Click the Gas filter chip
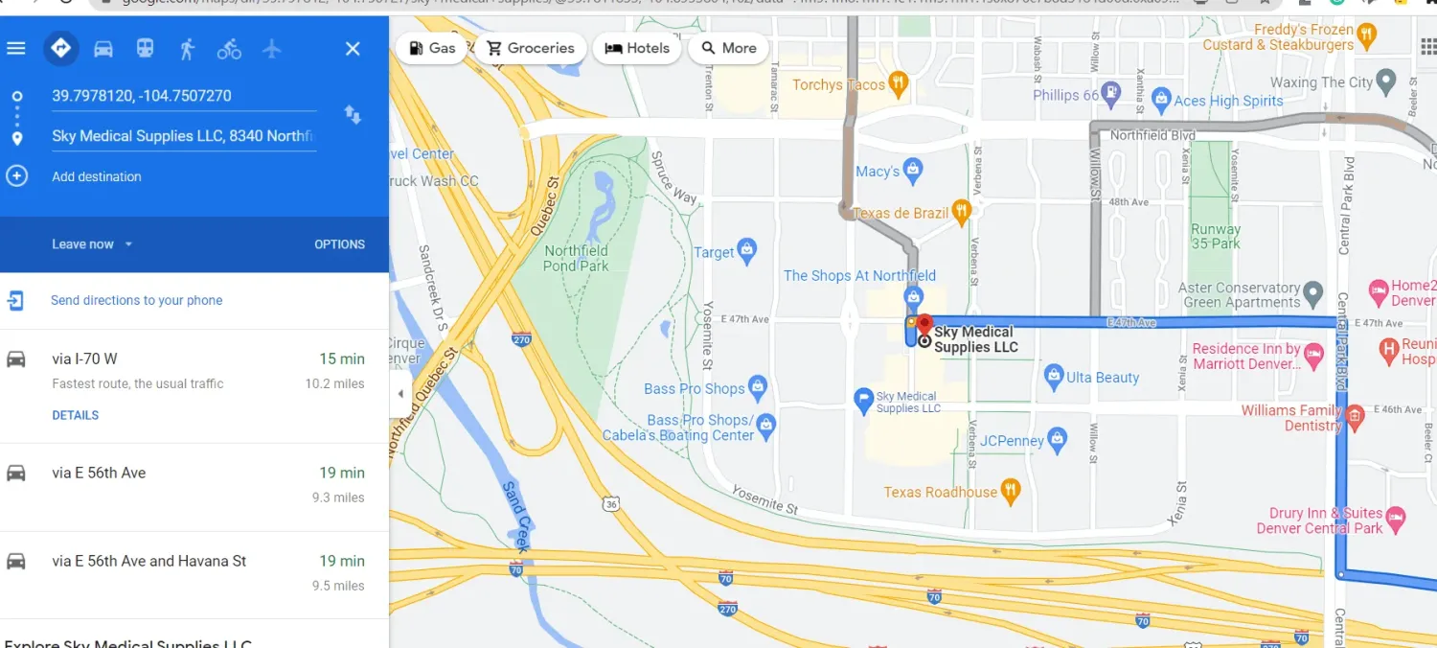(x=432, y=48)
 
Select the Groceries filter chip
(x=530, y=48)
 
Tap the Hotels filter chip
(x=637, y=48)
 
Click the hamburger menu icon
(x=16, y=48)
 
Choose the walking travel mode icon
(x=187, y=49)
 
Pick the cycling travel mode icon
(x=229, y=49)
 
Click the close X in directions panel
(x=353, y=49)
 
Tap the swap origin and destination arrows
(x=353, y=115)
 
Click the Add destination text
(x=97, y=176)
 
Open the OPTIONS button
(x=339, y=244)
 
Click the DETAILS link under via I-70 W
(x=76, y=415)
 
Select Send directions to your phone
(x=136, y=300)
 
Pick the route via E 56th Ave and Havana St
(x=149, y=561)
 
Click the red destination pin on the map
(x=924, y=324)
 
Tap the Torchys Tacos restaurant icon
(x=898, y=84)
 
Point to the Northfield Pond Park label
(x=576, y=258)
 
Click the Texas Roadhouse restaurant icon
(x=1011, y=492)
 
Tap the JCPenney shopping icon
(x=1058, y=441)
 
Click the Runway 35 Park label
(x=1215, y=236)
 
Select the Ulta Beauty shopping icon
(x=1054, y=377)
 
